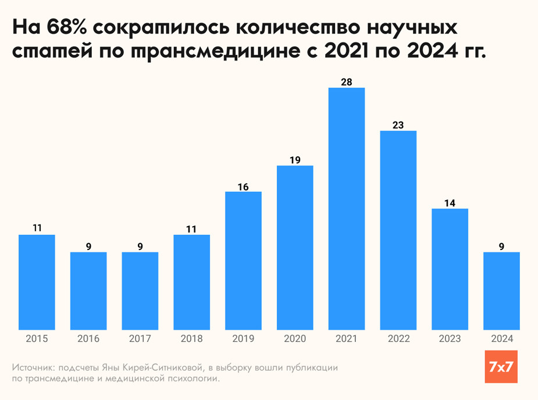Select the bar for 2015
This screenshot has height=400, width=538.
tap(37, 282)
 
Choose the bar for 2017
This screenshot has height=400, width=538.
tap(140, 291)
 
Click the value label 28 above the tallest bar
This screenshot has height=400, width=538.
tap(347, 82)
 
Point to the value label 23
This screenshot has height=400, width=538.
tap(398, 125)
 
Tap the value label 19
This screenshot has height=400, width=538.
tap(295, 160)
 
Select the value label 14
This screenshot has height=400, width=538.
tap(450, 203)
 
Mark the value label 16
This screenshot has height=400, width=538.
tap(243, 186)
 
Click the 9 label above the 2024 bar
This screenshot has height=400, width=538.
tap(502, 247)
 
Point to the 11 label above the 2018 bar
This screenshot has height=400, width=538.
tap(192, 229)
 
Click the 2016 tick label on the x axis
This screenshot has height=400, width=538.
tap(88, 339)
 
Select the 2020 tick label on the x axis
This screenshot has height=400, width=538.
tap(295, 339)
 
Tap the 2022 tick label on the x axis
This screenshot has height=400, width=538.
tap(398, 339)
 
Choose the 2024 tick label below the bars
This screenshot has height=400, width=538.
tap(502, 339)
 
